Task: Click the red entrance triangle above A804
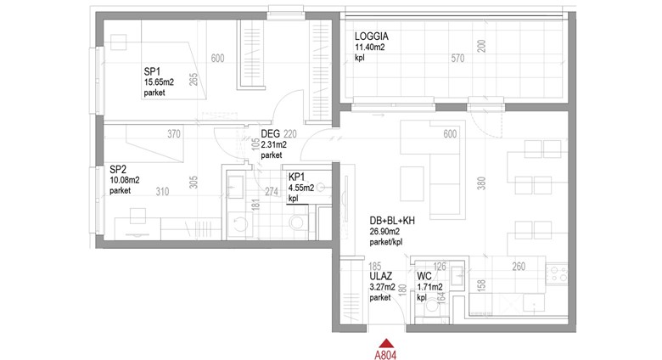(x=385, y=343)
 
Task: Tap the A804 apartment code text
(x=385, y=356)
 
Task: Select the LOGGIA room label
(x=372, y=37)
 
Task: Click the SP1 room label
(x=152, y=71)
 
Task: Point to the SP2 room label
(x=118, y=170)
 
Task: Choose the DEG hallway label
(x=270, y=134)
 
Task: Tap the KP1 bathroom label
(x=297, y=177)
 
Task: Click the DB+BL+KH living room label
(x=392, y=221)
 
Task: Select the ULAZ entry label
(x=381, y=276)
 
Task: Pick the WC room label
(x=424, y=276)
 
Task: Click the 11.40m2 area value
(x=370, y=48)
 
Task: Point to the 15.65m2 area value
(x=159, y=82)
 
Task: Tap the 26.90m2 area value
(x=384, y=232)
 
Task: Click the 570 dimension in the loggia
(x=457, y=59)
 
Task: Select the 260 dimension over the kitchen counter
(x=519, y=267)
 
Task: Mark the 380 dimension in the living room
(x=482, y=183)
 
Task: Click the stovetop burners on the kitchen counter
(x=557, y=273)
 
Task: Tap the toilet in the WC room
(x=432, y=305)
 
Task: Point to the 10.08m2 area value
(x=125, y=180)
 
